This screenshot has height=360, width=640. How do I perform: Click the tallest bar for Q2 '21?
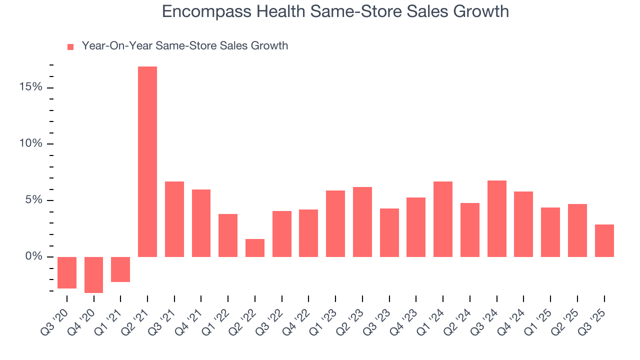click(x=147, y=161)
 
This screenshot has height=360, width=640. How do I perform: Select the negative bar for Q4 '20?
click(x=93, y=274)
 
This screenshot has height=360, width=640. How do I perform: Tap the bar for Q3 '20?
click(x=67, y=272)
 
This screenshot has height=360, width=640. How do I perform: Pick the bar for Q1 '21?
click(x=120, y=269)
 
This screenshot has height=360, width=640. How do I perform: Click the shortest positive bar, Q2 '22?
click(x=255, y=248)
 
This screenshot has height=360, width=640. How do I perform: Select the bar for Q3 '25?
click(x=604, y=240)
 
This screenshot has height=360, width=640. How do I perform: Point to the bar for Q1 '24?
click(x=443, y=219)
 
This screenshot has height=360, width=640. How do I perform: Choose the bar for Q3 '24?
click(x=496, y=218)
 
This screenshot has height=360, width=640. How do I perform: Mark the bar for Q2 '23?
click(x=362, y=222)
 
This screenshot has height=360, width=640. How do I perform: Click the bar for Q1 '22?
click(x=228, y=235)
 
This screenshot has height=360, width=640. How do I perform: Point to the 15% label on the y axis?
click(x=31, y=87)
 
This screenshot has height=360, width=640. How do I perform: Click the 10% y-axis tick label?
click(x=31, y=144)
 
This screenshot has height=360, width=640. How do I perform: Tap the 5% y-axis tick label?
click(x=33, y=200)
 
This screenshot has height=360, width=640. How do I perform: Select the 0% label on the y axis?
click(x=33, y=257)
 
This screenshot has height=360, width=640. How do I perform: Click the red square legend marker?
click(x=70, y=46)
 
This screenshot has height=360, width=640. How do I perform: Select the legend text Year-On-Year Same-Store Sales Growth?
click(x=184, y=46)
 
